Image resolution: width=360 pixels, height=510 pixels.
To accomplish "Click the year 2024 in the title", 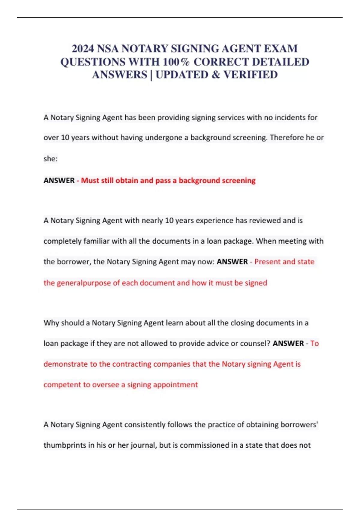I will [83, 49].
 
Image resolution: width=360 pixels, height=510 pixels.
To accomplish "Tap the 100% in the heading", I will [176, 62].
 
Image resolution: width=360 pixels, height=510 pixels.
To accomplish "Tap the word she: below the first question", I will [50, 159].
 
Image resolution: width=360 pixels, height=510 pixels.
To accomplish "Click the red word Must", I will [89, 181].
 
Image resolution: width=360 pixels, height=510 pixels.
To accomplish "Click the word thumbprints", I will [65, 445].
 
